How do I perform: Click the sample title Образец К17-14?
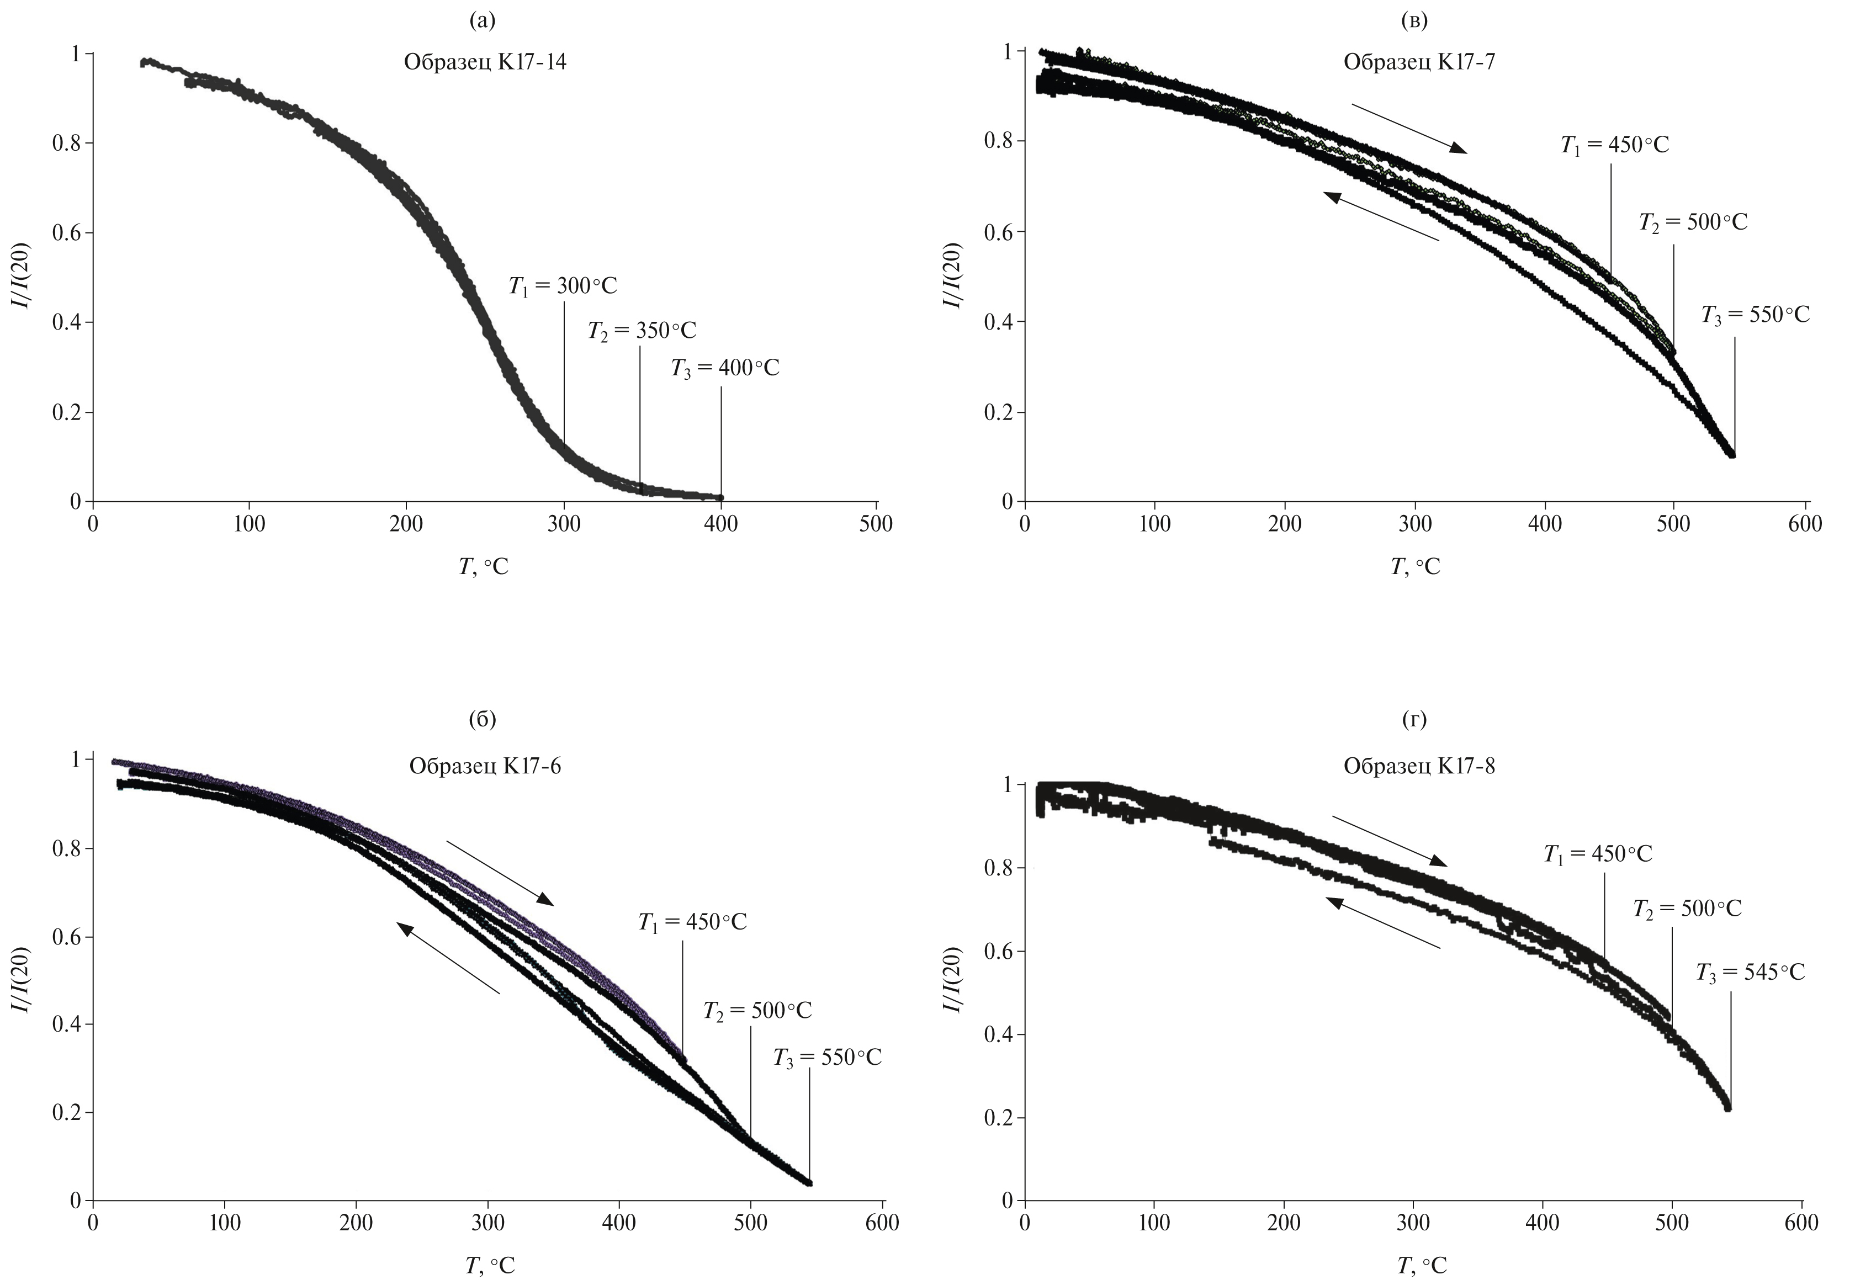[485, 62]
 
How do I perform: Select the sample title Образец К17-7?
[1419, 62]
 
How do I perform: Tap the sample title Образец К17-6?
[485, 766]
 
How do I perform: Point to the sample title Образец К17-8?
[1419, 766]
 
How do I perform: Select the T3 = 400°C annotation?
[725, 369]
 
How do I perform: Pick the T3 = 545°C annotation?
[1750, 973]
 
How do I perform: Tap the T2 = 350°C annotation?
[642, 331]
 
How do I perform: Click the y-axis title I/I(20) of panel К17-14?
[23, 278]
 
